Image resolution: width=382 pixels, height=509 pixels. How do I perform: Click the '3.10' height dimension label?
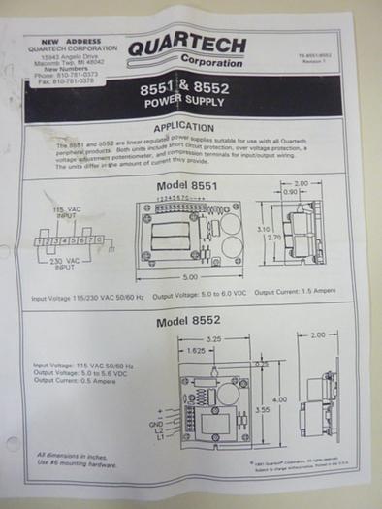click(262, 228)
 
